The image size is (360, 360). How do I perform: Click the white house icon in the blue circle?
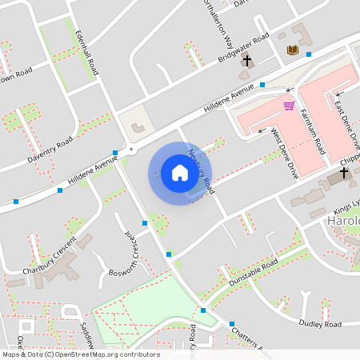pyautogui.click(x=179, y=172)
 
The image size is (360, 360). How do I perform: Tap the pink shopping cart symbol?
pyautogui.click(x=289, y=105)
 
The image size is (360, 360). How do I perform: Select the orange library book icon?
pyautogui.click(x=293, y=50)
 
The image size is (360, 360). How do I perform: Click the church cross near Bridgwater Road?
pyautogui.click(x=247, y=61)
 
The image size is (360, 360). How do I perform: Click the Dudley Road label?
pyautogui.click(x=320, y=324)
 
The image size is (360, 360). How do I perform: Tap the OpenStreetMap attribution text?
pyautogui.click(x=80, y=354)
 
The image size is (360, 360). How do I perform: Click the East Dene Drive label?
pyautogui.click(x=347, y=121)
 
